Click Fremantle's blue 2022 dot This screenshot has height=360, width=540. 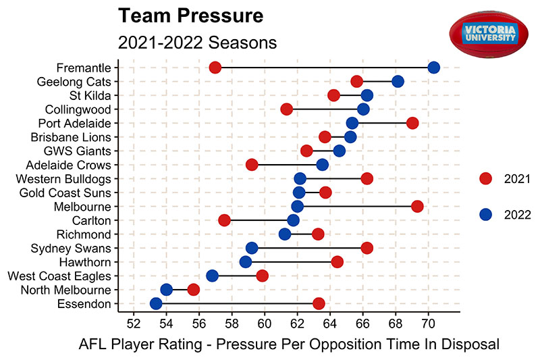(433, 68)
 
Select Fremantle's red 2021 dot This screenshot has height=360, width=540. (215, 68)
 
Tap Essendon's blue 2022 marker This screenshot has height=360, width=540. (156, 303)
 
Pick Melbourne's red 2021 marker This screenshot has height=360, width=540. (417, 206)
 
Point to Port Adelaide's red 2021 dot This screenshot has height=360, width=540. (412, 123)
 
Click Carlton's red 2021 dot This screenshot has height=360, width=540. (225, 220)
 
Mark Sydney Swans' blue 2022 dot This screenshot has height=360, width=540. (252, 248)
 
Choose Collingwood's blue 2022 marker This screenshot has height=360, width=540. (363, 109)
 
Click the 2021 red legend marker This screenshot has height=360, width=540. (485, 178)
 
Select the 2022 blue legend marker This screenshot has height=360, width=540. (485, 214)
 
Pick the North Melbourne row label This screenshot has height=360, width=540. (65, 290)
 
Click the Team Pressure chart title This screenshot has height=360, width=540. (190, 16)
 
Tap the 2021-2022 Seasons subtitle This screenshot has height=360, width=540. (197, 42)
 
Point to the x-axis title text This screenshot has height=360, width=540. (289, 344)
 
